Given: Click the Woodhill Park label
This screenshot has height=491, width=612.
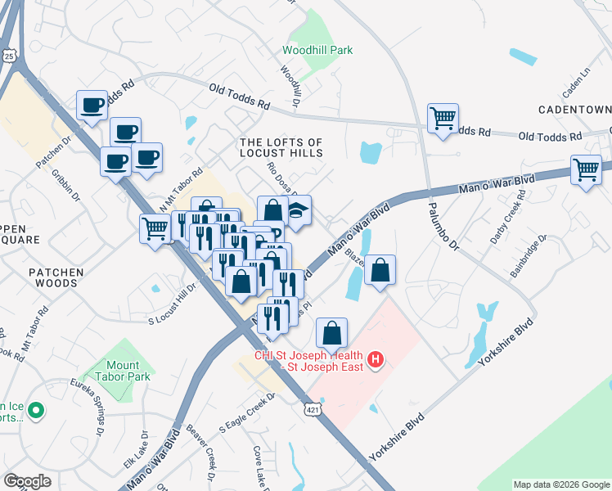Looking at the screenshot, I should pos(317,50).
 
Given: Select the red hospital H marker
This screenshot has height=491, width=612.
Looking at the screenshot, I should pos(376,359).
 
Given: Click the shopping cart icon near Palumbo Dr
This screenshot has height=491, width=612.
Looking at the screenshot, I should pos(443,118).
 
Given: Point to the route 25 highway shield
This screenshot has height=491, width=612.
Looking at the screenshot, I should pos(9,54).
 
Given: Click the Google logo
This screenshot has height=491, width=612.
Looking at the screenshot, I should pos(27,481).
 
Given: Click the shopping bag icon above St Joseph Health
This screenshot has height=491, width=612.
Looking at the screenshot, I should pos(331,332).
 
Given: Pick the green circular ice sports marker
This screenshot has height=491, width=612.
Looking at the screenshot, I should pos(34,410).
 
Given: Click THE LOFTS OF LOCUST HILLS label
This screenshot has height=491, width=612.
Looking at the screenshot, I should pos(281,147).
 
